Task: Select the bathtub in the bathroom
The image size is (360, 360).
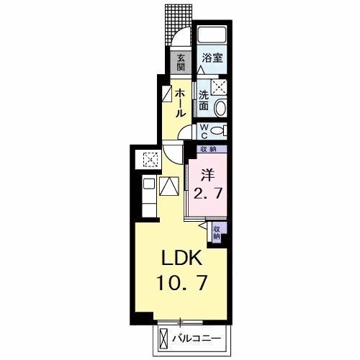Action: point(212,36)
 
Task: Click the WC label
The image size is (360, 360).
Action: point(204,130)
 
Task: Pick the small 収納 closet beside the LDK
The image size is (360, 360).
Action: point(216,232)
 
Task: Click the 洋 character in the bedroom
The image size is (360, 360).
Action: point(207,174)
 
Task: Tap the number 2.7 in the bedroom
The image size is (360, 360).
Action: point(207,192)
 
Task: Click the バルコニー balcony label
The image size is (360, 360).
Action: point(202,337)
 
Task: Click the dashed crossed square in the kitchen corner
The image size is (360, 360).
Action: point(151,159)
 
